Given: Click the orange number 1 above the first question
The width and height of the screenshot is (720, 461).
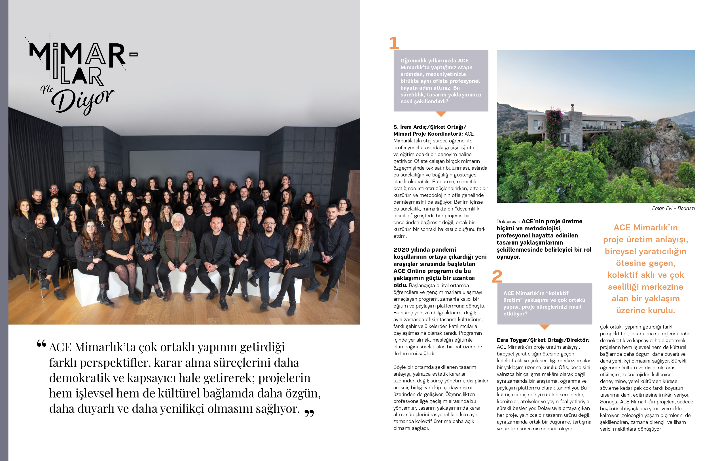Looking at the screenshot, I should point(394,43).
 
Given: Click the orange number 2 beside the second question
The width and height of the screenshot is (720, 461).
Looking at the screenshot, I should point(497,276).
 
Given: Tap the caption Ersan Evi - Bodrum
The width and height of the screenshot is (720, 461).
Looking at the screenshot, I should point(673,208).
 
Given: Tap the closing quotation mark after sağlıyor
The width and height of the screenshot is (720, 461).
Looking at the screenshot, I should point(309,413).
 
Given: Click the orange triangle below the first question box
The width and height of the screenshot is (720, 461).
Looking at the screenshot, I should point(441,114).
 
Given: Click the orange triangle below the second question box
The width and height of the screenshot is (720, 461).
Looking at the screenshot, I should point(545,327).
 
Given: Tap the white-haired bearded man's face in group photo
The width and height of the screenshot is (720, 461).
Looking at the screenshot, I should point(178,221).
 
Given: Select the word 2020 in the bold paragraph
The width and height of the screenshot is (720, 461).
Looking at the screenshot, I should point(401,250).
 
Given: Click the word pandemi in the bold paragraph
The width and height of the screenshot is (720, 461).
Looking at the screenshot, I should point(445,250).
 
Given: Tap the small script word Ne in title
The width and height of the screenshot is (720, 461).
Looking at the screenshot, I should point(47,89).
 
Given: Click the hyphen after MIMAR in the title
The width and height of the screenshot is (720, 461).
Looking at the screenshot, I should point(134,54).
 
